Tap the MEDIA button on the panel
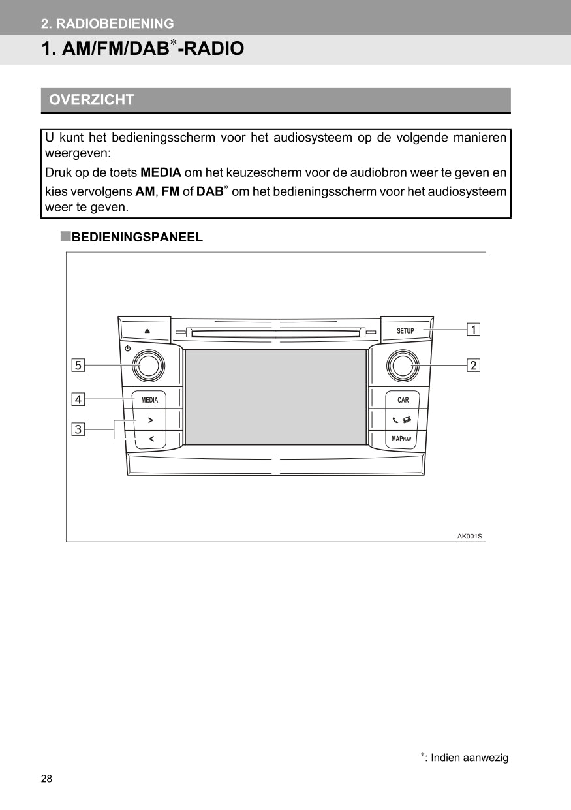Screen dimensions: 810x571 (x=149, y=400)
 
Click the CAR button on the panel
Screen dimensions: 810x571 (x=403, y=400)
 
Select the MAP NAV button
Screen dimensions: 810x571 (x=402, y=439)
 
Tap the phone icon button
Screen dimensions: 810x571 (x=402, y=420)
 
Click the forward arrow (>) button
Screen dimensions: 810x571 (x=150, y=420)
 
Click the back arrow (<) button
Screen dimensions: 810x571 (x=150, y=439)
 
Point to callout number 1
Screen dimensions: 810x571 (x=473, y=330)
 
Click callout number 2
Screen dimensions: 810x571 (x=473, y=366)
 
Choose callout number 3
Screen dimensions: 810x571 (x=78, y=429)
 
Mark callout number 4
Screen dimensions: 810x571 (x=78, y=399)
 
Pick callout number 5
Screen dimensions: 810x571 (x=78, y=366)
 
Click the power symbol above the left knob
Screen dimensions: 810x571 (x=128, y=349)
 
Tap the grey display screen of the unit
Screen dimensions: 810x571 (x=275, y=397)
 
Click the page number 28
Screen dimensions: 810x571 (x=46, y=779)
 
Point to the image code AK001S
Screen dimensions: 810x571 (x=469, y=537)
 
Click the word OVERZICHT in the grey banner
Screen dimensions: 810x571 (x=92, y=100)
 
